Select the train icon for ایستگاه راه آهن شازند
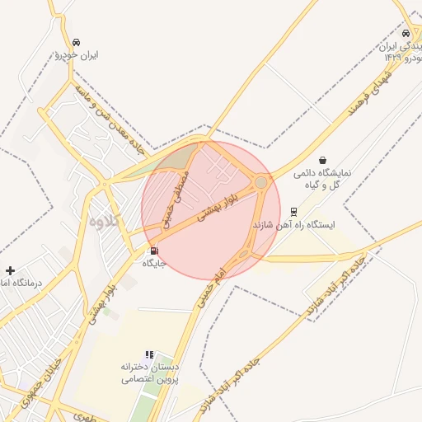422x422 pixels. tap(294, 210)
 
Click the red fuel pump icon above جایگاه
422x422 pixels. tap(153, 251)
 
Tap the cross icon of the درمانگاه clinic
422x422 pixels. tap(10, 270)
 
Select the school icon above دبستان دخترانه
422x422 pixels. tap(149, 354)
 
